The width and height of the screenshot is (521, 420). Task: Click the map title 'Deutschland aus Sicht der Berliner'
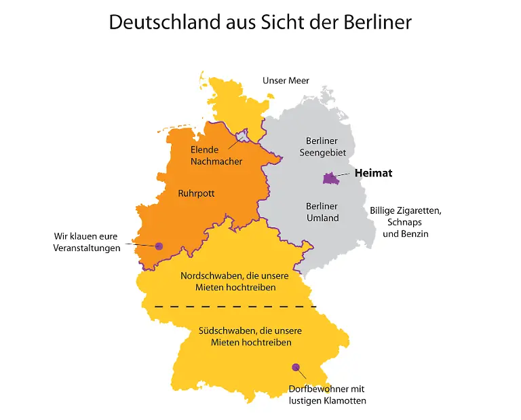pyautogui.click(x=260, y=22)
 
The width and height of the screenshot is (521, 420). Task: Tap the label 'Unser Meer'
pyautogui.click(x=286, y=81)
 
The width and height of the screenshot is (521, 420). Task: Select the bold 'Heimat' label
pyautogui.click(x=373, y=173)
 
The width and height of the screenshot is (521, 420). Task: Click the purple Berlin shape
pyautogui.click(x=330, y=178)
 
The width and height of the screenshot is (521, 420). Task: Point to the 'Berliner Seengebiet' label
pyautogui.click(x=322, y=147)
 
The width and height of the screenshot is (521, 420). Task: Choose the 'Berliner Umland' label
pyautogui.click(x=322, y=212)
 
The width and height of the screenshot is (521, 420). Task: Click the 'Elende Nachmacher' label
pyautogui.click(x=216, y=155)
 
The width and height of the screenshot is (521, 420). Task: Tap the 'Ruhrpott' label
pyautogui.click(x=196, y=193)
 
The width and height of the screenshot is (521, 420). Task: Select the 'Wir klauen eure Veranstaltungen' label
pyautogui.click(x=87, y=242)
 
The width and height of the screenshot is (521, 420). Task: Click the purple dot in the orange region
pyautogui.click(x=159, y=246)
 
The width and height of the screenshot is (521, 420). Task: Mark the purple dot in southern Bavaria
pyautogui.click(x=296, y=367)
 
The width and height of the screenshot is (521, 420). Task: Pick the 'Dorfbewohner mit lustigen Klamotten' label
pyautogui.click(x=327, y=395)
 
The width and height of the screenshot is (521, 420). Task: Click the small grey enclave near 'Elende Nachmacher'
pyautogui.click(x=241, y=140)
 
